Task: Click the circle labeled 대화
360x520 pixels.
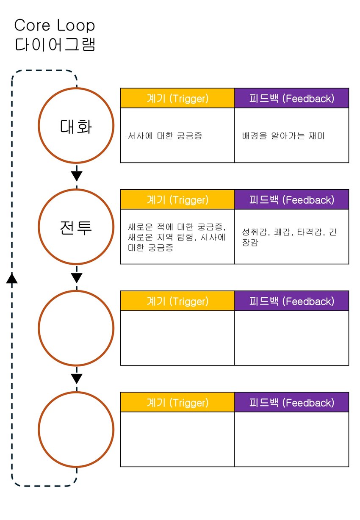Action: click(x=76, y=125)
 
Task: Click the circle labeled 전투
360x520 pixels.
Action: click(x=76, y=227)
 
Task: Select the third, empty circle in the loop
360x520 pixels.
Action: click(x=76, y=328)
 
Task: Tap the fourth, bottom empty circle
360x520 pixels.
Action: click(x=76, y=429)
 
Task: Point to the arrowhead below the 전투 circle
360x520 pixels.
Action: click(x=76, y=278)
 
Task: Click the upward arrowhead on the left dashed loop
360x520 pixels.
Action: click(x=12, y=278)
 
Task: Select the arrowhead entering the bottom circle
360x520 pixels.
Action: click(x=76, y=379)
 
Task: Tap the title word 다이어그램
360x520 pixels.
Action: click(x=55, y=44)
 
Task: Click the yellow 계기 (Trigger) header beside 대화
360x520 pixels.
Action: click(x=177, y=98)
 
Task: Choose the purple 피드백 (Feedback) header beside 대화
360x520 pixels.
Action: click(x=291, y=98)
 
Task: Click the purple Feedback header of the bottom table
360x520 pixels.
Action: click(x=291, y=402)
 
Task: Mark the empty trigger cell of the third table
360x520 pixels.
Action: click(x=177, y=337)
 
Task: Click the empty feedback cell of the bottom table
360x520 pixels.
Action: click(x=291, y=439)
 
